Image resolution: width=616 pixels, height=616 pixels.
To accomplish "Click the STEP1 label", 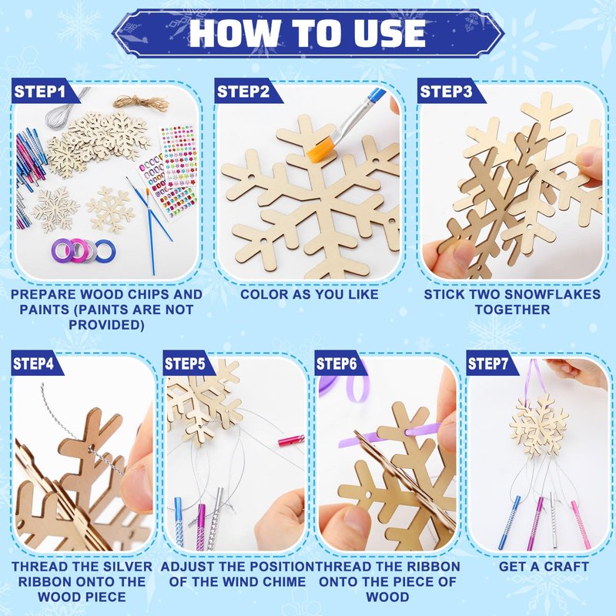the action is pyautogui.click(x=39, y=92).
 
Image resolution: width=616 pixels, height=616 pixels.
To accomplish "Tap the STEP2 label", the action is pyautogui.click(x=243, y=92).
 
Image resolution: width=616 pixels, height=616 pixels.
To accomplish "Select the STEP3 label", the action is pyautogui.click(x=446, y=92).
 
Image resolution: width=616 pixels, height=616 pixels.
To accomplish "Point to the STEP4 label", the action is pyautogui.click(x=33, y=363).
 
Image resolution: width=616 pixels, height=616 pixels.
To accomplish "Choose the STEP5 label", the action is pyautogui.click(x=185, y=363).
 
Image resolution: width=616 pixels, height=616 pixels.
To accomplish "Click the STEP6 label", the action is pyautogui.click(x=336, y=363).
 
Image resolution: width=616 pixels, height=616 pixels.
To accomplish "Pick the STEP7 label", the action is pyautogui.click(x=488, y=363).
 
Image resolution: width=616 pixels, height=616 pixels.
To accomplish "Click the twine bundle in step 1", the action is pyautogui.click(x=142, y=104).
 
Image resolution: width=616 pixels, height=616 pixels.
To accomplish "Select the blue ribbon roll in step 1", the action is pyautogui.click(x=105, y=251).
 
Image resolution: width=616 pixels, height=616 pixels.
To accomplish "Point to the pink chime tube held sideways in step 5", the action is pyautogui.click(x=291, y=439).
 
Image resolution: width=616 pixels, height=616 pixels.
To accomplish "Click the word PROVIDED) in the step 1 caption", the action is pyautogui.click(x=106, y=325).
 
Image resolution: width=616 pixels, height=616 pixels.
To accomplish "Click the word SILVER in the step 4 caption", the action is pyautogui.click(x=122, y=567).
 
